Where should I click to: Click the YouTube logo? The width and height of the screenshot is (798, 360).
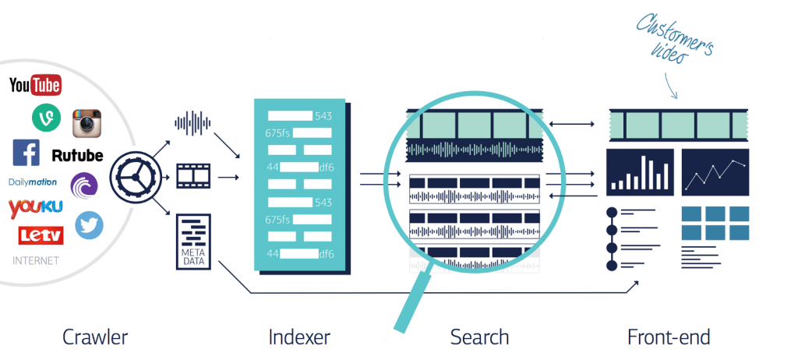click(x=35, y=85)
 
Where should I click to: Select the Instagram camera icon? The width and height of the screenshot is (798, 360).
click(x=87, y=124)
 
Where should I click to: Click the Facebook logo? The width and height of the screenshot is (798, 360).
click(x=26, y=153)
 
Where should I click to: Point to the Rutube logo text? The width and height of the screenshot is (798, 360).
click(x=77, y=155)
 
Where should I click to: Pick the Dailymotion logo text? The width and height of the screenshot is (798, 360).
click(x=34, y=182)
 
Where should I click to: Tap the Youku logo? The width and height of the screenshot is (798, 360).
click(x=35, y=207)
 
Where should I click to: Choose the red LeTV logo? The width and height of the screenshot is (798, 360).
click(x=35, y=235)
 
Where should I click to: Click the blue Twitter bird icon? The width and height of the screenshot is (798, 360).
click(x=89, y=224)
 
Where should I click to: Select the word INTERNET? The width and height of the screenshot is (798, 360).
click(x=35, y=260)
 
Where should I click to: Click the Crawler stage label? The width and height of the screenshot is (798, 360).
click(x=95, y=337)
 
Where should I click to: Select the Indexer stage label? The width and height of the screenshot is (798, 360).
click(x=298, y=337)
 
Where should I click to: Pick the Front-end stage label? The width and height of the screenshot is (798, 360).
click(x=668, y=337)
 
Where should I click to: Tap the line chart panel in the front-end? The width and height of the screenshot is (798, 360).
click(x=715, y=172)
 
